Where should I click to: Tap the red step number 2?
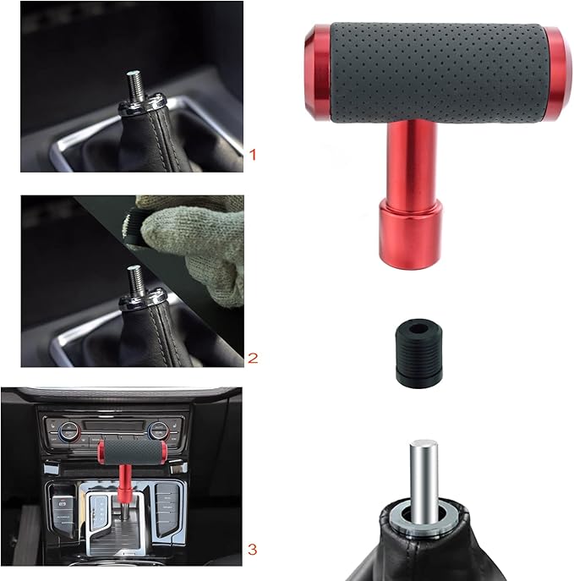coord(251,357)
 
